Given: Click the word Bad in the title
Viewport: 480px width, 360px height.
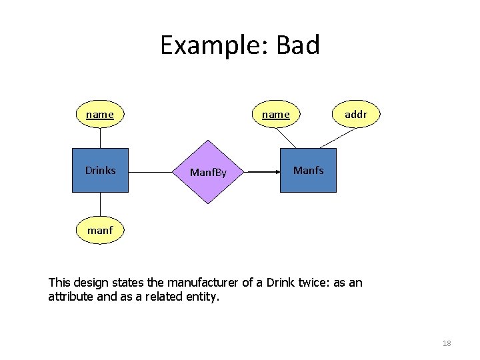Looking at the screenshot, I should click(298, 45).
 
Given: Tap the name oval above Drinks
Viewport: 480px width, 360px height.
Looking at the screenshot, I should click(100, 115).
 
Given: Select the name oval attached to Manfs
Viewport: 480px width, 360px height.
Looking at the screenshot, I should click(275, 115).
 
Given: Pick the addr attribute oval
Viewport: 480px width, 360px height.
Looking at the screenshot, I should click(355, 115).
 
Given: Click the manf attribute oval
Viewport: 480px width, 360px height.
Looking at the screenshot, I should click(100, 231).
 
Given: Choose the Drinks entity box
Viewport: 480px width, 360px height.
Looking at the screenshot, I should click(100, 171).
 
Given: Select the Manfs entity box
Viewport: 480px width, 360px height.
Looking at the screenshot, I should click(308, 171).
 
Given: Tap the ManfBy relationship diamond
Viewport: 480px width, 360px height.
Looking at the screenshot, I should click(209, 172).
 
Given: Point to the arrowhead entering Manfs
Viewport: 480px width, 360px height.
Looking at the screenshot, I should click(275, 172).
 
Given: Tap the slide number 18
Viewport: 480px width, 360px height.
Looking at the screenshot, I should click(447, 343).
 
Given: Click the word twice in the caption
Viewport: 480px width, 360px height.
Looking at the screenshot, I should click(313, 283).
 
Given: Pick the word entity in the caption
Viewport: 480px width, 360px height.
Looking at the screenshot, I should click(201, 297).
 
